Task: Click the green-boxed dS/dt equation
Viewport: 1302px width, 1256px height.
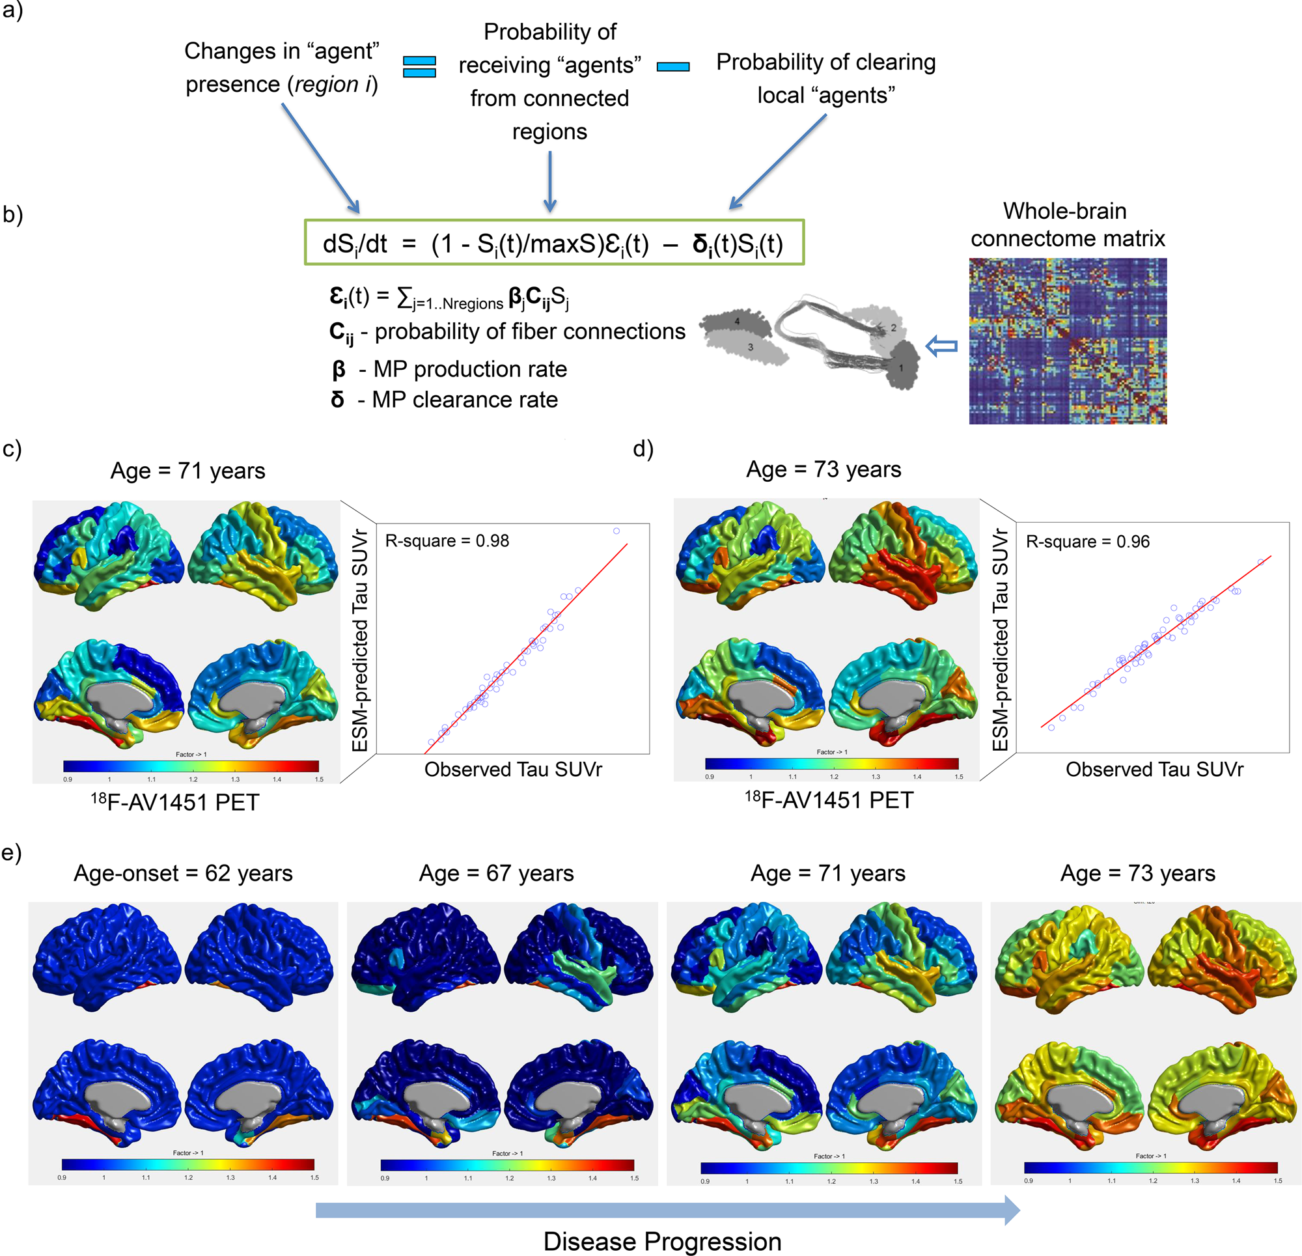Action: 553,244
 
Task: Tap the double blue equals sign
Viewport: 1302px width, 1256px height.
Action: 419,66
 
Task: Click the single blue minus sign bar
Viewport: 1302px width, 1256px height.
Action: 672,66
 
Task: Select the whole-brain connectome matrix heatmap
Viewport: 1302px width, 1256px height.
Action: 1067,341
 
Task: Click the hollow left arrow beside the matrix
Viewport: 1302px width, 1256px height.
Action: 941,346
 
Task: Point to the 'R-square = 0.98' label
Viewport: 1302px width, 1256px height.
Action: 447,541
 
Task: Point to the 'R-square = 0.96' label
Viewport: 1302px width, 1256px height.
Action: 1087,542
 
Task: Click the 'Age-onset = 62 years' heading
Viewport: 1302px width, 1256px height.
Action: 183,872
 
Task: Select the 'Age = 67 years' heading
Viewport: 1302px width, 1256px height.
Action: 496,872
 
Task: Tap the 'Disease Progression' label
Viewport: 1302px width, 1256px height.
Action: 662,1241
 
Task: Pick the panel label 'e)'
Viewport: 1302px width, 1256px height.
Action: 11,852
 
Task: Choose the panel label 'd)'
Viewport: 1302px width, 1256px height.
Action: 643,449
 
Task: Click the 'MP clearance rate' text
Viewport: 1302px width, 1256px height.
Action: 464,399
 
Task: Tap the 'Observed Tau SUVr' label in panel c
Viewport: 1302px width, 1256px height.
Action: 513,769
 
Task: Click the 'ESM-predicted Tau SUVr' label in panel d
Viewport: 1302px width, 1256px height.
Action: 1000,639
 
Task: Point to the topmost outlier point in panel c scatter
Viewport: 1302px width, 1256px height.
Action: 616,531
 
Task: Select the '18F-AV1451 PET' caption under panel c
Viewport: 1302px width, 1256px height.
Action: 174,802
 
